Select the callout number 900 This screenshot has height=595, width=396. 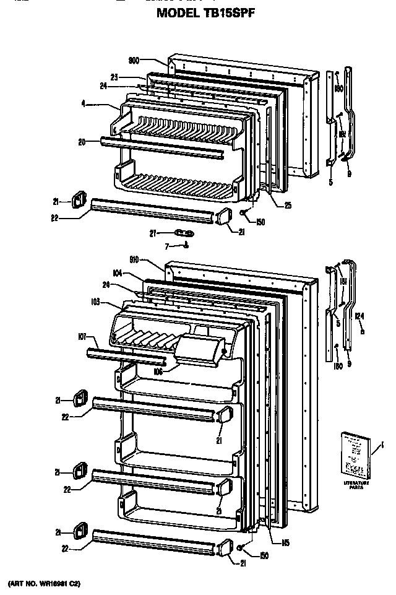click(134, 60)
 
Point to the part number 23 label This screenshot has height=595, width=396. click(114, 77)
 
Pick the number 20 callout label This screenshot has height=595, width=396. click(82, 141)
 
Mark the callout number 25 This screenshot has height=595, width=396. click(288, 206)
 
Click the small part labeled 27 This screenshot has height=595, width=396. click(184, 233)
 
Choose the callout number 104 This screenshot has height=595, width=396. click(116, 273)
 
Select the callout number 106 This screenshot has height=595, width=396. click(158, 372)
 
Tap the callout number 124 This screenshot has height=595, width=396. click(361, 317)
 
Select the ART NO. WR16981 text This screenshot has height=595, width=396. click(45, 584)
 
